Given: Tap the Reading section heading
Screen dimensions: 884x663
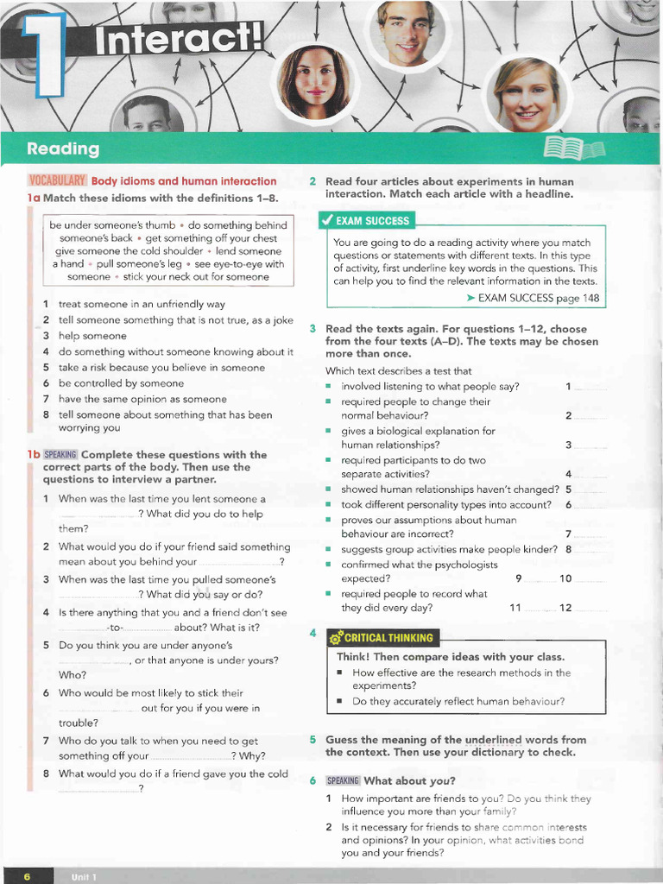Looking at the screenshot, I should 63,149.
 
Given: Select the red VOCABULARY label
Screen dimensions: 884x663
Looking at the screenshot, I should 57,181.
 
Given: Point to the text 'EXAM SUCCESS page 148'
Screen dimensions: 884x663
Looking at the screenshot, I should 538,298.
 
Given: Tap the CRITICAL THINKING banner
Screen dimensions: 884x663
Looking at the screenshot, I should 383,638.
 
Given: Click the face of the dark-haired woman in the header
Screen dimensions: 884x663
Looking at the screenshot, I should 314,82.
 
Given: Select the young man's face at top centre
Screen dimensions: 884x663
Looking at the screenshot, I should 407,33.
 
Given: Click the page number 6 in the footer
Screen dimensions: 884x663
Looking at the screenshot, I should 27,877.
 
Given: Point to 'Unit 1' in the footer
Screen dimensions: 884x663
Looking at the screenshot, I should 84,877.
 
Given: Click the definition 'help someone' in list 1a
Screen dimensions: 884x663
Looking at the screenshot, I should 92,336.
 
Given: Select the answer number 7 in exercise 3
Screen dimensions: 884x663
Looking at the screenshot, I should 568,534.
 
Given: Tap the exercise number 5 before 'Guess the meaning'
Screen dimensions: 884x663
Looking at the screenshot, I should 313,740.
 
